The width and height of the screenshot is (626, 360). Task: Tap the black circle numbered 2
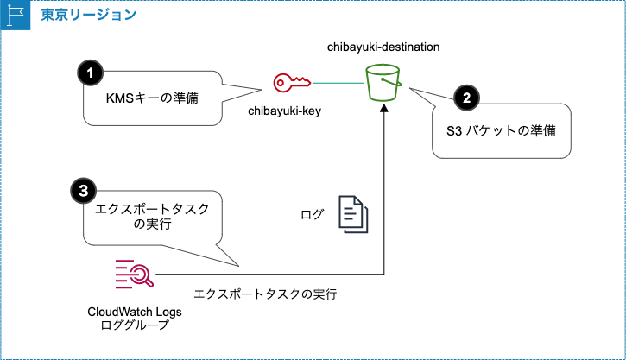tap(466, 98)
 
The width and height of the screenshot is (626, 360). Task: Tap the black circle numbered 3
tap(83, 189)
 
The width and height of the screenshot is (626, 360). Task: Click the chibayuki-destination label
tap(383, 46)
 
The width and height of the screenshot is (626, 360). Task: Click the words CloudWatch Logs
tap(135, 312)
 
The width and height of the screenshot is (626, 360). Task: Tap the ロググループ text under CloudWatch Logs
tap(135, 325)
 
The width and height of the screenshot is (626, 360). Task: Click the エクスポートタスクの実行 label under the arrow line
tap(265, 294)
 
